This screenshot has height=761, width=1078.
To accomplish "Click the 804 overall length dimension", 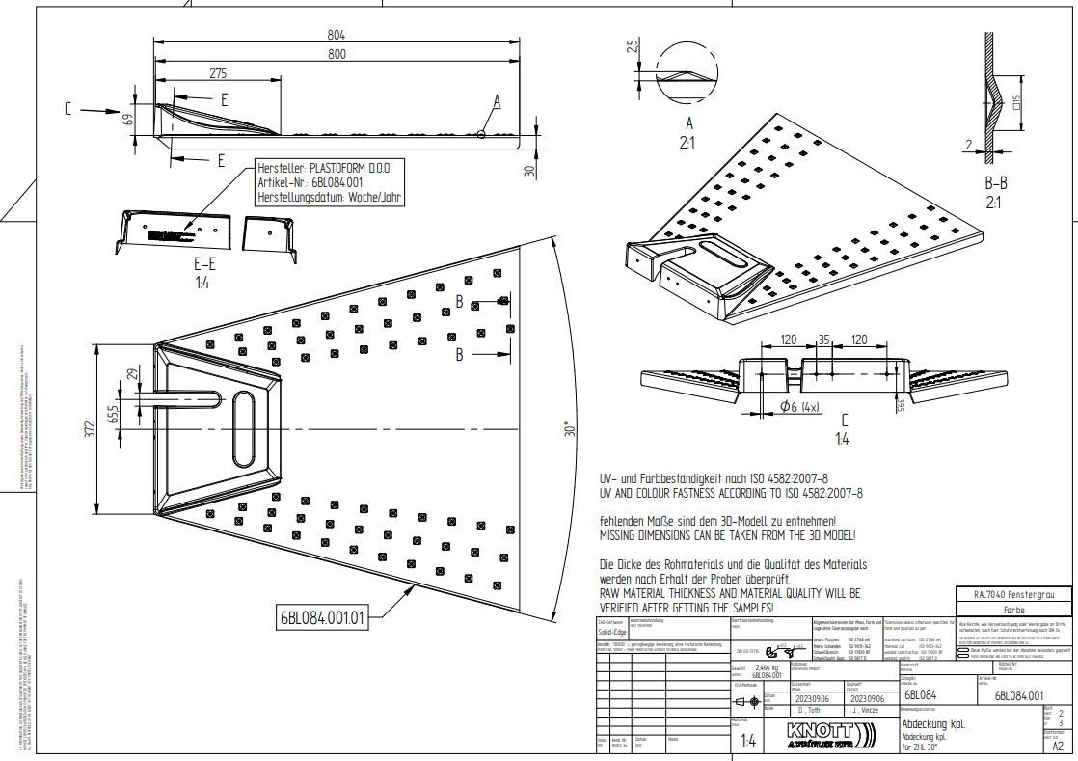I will (336, 34).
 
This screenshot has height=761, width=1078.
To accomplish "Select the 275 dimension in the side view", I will (218, 73).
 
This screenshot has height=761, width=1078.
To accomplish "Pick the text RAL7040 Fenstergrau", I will (1012, 595).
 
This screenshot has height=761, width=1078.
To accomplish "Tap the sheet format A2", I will (1058, 746).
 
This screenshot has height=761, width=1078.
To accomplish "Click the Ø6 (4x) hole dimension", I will (798, 406).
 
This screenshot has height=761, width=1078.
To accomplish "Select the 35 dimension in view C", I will (823, 340).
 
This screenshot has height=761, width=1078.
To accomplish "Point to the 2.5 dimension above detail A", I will (632, 48).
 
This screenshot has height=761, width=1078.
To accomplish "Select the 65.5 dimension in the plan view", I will (114, 414).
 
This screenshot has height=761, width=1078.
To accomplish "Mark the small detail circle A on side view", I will (480, 134).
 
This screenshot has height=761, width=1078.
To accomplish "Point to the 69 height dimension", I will (126, 120).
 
